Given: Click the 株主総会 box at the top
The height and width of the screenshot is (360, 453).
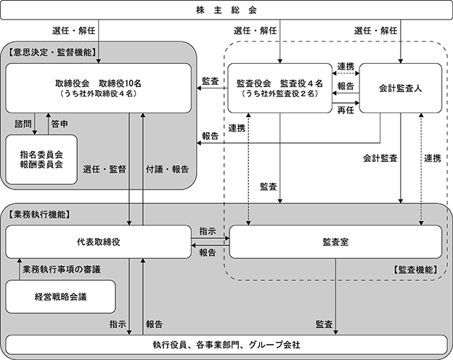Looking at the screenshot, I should pyautogui.click(x=226, y=11).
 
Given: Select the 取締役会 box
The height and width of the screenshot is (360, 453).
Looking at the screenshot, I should pyautogui.click(x=99, y=88).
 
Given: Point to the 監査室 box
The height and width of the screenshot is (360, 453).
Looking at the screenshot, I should pyautogui.click(x=335, y=241).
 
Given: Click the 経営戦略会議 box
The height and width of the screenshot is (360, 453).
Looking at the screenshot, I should pyautogui.click(x=61, y=297).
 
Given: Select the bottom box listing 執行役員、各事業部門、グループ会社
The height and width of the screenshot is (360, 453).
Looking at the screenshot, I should pyautogui.click(x=226, y=343).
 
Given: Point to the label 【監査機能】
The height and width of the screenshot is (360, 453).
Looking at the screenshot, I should pyautogui.click(x=415, y=269).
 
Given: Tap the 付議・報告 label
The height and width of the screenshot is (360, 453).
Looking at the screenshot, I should pyautogui.click(x=166, y=169).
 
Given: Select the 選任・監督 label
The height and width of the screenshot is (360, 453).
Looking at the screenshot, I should pyautogui.click(x=105, y=169).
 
